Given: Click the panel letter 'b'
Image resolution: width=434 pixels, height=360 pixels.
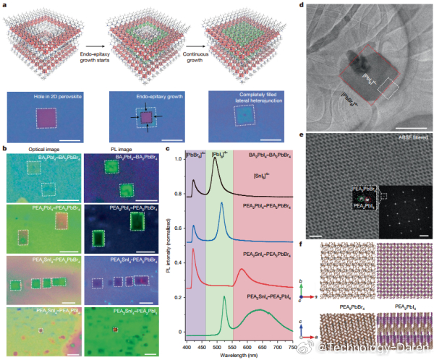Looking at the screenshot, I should coord(4,149).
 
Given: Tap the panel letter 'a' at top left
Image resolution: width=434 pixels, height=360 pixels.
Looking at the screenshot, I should coord(4,5).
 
